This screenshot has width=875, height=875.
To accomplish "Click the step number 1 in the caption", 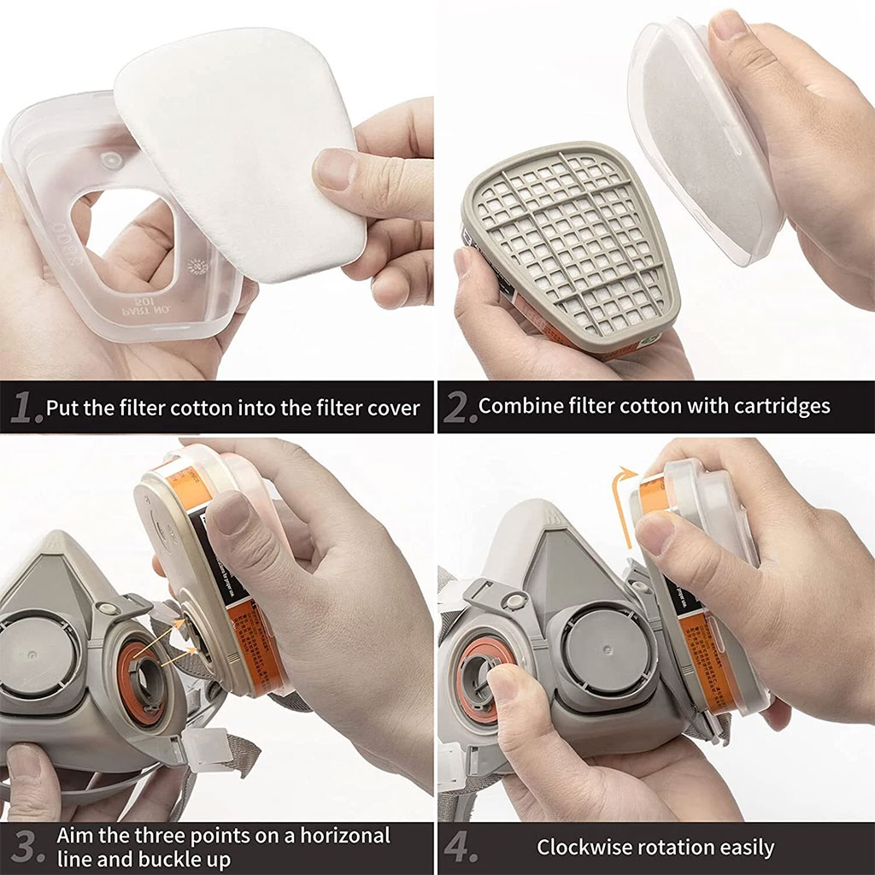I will click(26, 408).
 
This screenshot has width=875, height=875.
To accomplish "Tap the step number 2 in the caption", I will click(460, 408).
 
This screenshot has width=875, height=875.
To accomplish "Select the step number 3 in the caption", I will click(26, 847).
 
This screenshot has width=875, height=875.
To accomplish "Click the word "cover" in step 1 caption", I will click(394, 407).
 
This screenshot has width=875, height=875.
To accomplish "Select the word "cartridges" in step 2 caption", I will click(782, 405).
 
